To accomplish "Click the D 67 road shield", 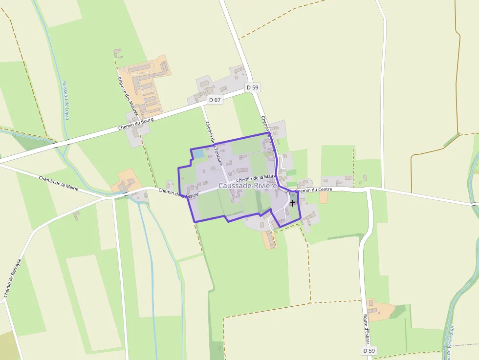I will pyautogui.click(x=215, y=100).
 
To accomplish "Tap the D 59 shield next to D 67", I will pyautogui.click(x=253, y=87).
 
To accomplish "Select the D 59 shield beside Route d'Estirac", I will pyautogui.click(x=370, y=351).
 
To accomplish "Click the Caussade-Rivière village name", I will pyautogui.click(x=248, y=186).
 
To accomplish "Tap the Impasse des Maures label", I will pyautogui.click(x=129, y=94).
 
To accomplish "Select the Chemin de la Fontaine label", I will pyautogui.click(x=211, y=141).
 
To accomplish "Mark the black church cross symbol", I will pyautogui.click(x=292, y=202).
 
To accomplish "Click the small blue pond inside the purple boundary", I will pyautogui.click(x=199, y=154).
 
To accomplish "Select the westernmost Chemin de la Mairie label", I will pyautogui.click(x=59, y=183).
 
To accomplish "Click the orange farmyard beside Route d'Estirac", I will pyautogui.click(x=380, y=311).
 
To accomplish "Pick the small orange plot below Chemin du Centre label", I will pyautogui.click(x=324, y=197).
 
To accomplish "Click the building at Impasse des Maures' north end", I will pyautogui.click(x=117, y=52).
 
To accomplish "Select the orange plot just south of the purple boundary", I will pyautogui.click(x=269, y=239).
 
